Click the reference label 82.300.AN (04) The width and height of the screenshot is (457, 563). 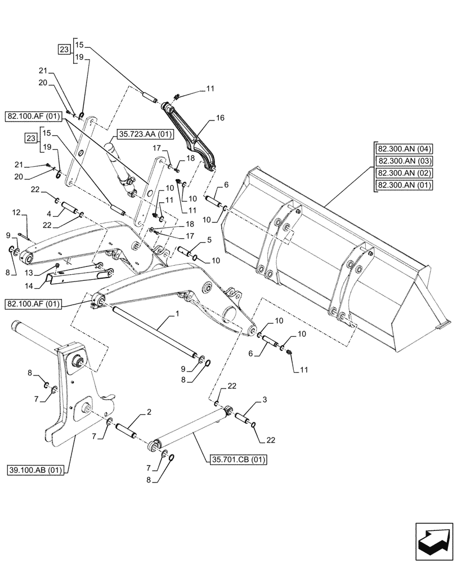[x=405, y=149]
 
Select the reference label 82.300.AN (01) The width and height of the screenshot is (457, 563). [x=405, y=185]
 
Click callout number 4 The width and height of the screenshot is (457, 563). [x=50, y=213]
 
